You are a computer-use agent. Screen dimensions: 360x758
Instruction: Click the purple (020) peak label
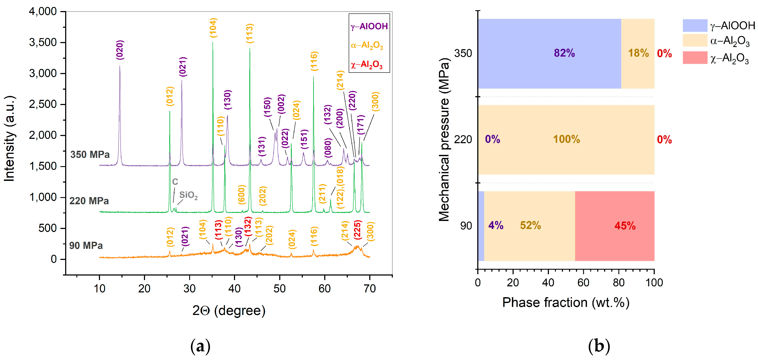tap(120, 50)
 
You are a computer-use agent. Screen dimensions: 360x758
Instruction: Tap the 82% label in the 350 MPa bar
tap(564, 53)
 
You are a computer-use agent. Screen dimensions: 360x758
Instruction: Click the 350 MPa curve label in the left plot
tap(90, 154)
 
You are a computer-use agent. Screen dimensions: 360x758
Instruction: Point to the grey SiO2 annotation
tap(188, 195)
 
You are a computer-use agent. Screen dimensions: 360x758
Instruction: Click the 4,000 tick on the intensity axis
tap(43, 11)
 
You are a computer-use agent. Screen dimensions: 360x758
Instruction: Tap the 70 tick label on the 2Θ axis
tap(369, 289)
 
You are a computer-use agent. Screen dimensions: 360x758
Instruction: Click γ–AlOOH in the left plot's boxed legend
tap(369, 26)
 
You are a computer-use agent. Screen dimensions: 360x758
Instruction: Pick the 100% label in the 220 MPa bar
tap(566, 139)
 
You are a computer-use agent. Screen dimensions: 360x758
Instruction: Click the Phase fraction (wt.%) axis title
tap(566, 302)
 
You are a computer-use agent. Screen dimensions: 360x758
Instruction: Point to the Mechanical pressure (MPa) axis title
tap(444, 139)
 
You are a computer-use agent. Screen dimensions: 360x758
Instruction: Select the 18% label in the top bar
tap(638, 53)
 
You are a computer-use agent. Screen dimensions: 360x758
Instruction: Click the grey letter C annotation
tap(175, 182)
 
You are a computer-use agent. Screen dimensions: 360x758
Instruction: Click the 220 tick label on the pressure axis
tap(463, 139)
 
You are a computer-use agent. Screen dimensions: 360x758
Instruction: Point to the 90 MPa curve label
tap(86, 245)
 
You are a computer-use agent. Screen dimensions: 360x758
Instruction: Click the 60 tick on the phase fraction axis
tap(583, 283)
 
